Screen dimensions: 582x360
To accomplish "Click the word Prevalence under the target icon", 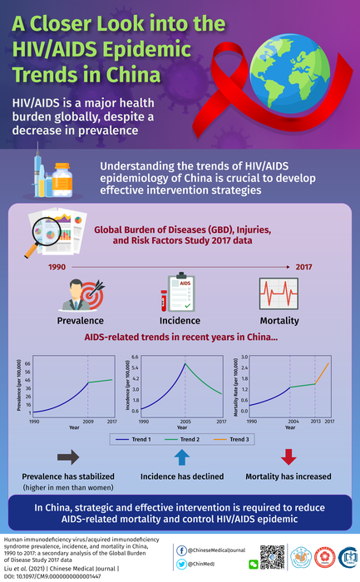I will [x=80, y=319].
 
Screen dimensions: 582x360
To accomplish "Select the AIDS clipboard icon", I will [x=180, y=292].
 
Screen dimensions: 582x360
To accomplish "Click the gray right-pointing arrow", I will [x=69, y=456].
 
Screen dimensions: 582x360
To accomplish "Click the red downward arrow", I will [x=288, y=456].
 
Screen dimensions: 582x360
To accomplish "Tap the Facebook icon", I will [x=182, y=550].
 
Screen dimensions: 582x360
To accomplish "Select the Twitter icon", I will [x=182, y=565].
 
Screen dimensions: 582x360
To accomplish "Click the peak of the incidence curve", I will [x=185, y=364].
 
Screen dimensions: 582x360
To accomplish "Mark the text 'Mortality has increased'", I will [x=288, y=476].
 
